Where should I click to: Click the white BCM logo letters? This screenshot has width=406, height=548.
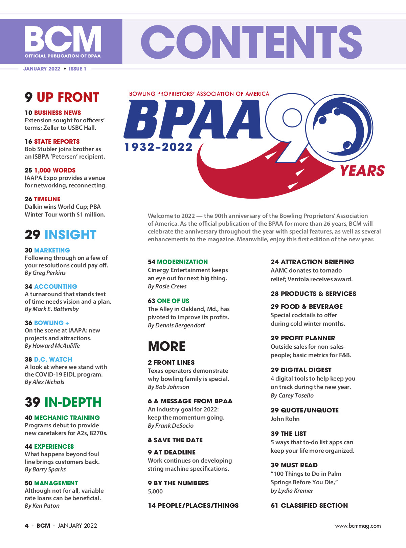click(63, 38)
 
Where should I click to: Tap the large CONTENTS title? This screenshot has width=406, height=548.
click(251, 42)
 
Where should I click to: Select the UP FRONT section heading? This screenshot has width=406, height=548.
click(68, 97)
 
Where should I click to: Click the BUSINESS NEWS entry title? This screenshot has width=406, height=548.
click(58, 113)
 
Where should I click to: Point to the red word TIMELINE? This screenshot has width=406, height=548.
click(47, 199)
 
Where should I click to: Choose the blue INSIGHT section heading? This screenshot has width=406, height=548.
click(70, 235)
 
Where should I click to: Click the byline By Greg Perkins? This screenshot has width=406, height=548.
click(45, 273)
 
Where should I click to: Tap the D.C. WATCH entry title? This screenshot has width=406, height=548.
click(53, 359)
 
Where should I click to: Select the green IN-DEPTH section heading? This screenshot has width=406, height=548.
click(73, 402)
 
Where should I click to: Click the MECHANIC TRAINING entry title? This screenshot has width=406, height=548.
click(67, 418)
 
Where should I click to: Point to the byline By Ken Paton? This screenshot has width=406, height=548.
click(42, 506)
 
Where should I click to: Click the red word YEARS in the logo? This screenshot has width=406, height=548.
click(362, 171)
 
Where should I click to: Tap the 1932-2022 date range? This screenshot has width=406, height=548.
click(158, 147)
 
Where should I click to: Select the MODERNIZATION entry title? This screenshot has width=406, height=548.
click(182, 262)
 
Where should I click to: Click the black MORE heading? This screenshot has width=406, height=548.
click(166, 346)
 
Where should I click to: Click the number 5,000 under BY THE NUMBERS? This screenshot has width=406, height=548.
click(155, 491)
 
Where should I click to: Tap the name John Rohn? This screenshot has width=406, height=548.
click(285, 419)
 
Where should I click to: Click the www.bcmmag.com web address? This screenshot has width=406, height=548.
click(358, 526)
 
